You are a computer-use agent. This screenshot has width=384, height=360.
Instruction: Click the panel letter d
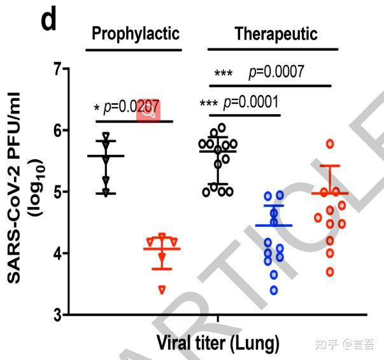point(49,20)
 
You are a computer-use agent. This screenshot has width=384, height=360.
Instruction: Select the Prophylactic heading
point(136,34)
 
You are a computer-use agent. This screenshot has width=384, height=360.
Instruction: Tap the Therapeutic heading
point(276,34)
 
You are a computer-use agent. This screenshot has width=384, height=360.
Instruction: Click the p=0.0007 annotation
point(276,71)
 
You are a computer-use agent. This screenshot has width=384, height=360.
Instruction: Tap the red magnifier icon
point(148,111)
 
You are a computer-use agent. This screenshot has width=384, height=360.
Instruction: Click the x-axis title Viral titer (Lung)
point(218,344)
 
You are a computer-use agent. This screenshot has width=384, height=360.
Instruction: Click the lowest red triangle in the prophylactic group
point(162,290)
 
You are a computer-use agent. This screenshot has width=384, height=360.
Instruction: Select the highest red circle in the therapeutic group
point(330,143)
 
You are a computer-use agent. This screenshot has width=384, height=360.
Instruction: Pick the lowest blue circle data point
point(274,291)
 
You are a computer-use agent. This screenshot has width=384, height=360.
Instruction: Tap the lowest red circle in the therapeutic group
point(330,272)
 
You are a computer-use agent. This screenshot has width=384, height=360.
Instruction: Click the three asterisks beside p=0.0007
point(223,73)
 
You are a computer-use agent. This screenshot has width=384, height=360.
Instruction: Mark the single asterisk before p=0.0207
point(96,107)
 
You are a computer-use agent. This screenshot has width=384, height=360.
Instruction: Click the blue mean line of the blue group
point(274,226)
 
